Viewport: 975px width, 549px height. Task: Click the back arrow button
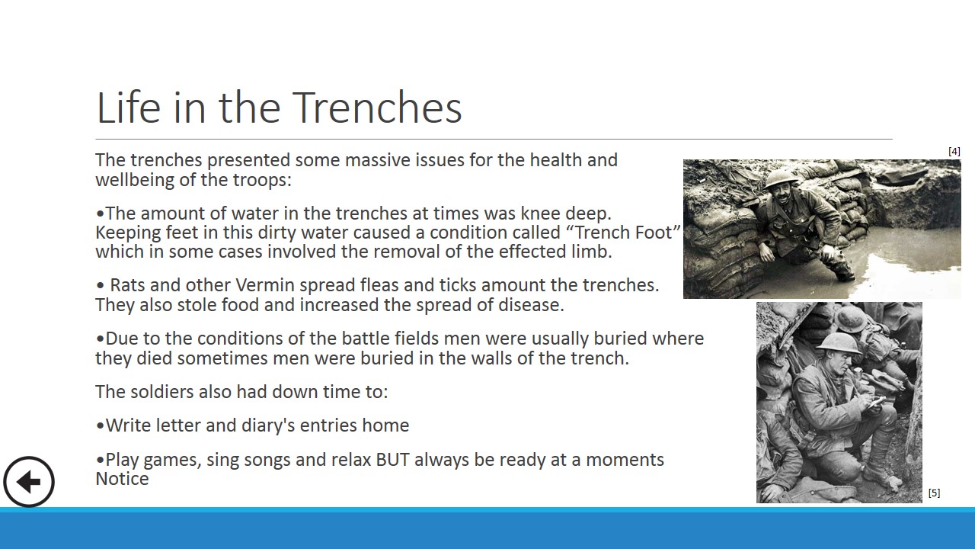(29, 482)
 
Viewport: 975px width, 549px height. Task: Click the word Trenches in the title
(377, 108)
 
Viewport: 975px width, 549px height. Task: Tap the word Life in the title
(129, 108)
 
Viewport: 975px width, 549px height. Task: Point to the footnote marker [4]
(954, 151)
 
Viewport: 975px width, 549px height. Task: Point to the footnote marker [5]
(934, 493)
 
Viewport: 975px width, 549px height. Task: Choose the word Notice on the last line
(123, 479)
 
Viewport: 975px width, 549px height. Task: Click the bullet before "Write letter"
(100, 425)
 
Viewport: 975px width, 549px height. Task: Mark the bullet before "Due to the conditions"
(100, 339)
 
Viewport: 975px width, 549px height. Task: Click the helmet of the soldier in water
(781, 178)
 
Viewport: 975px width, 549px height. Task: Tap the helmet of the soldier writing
(838, 344)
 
